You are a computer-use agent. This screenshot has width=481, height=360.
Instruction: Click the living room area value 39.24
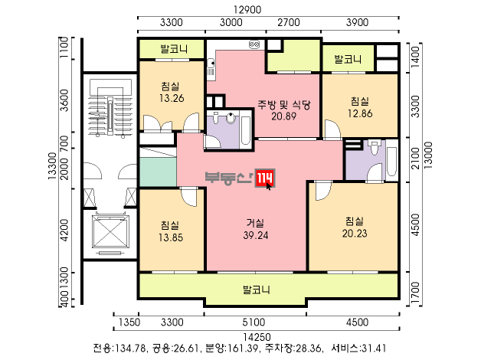tap(256, 235)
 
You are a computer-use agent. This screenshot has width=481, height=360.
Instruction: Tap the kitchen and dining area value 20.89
tap(283, 116)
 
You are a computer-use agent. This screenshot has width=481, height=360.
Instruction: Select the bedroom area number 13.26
tap(172, 98)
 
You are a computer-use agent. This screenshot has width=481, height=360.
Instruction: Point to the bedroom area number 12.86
tap(360, 113)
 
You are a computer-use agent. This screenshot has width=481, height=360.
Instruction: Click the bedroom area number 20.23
tap(355, 234)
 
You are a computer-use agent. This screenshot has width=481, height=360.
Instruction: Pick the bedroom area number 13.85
tap(171, 237)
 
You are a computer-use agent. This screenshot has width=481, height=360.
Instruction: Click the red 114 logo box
tap(265, 178)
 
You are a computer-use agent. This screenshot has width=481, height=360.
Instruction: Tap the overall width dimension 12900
tap(247, 9)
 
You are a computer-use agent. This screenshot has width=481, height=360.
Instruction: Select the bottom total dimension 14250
tap(257, 337)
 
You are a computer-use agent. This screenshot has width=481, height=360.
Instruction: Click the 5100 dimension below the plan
tap(254, 322)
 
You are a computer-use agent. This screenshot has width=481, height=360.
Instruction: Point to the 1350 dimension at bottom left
tap(129, 322)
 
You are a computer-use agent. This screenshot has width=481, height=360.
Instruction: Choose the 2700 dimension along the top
tap(288, 22)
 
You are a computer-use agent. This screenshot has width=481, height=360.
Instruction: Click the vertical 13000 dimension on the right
tap(428, 155)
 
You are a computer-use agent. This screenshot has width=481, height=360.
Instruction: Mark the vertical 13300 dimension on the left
tap(52, 166)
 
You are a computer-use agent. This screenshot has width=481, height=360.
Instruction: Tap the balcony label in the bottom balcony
tap(257, 290)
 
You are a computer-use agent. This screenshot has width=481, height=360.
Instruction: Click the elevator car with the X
tap(110, 231)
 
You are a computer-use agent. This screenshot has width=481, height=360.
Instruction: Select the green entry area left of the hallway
tap(158, 172)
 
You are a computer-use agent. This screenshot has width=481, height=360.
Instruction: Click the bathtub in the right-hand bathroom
tap(391, 161)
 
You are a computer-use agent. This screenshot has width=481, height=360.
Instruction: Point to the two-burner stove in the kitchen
tap(254, 45)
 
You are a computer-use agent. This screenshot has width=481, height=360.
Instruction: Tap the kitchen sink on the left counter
tap(211, 64)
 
